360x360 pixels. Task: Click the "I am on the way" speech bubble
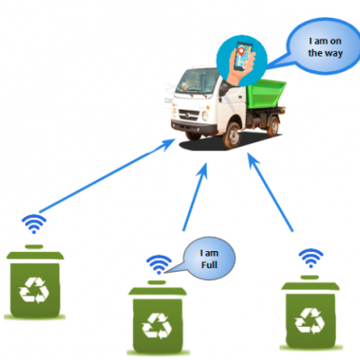pos(324,47)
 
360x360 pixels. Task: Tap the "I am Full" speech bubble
pos(209,258)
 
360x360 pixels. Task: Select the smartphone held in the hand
pos(243,57)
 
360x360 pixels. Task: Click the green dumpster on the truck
pos(265,94)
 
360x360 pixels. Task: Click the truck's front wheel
pos(232,135)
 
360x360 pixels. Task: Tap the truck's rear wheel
pos(273,126)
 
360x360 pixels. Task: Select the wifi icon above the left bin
pos(34,223)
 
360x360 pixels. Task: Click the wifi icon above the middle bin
pos(158,265)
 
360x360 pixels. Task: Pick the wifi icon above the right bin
pos(310,258)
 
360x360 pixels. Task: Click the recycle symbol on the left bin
pos(34,290)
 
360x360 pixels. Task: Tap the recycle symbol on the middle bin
pos(157,326)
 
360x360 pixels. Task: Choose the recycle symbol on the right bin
pos(310,320)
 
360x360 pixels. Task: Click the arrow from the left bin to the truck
pos(107,175)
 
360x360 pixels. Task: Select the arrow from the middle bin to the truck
pos(195,197)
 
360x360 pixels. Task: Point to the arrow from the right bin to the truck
pos(270,193)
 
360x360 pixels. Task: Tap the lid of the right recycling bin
pos(310,284)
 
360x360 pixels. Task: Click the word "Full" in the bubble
pos(209,265)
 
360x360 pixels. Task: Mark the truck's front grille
pos(189,115)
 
